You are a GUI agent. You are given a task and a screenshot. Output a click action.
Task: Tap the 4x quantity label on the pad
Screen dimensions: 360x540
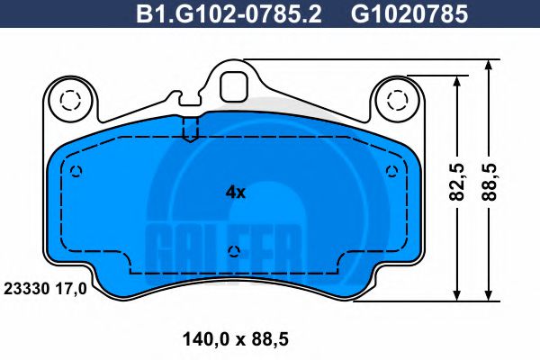click(x=235, y=191)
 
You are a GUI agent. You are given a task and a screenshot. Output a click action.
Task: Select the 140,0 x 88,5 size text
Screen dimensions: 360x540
click(x=235, y=339)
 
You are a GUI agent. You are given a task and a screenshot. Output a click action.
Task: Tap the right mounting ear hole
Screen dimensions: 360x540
click(x=397, y=99)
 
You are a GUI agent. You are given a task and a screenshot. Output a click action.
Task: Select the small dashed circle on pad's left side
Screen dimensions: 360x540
click(x=76, y=172)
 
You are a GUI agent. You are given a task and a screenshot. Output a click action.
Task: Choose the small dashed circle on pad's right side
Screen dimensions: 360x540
click(x=391, y=172)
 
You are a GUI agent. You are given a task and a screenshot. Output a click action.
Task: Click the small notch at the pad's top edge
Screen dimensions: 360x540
click(x=190, y=130)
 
